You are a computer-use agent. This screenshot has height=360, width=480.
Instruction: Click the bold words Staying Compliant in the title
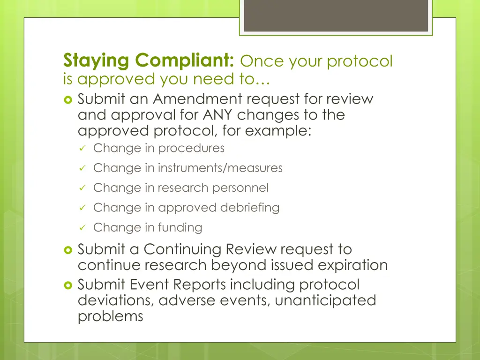[x=149, y=61]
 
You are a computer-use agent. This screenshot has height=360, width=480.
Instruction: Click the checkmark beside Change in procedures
[x=82, y=149]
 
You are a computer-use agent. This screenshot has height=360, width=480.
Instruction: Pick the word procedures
[x=191, y=149]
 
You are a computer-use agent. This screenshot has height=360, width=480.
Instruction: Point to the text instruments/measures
[x=220, y=168]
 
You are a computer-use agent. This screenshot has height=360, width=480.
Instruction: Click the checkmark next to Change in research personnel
[x=82, y=188]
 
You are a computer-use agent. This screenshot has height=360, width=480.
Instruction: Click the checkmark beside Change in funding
[x=82, y=228]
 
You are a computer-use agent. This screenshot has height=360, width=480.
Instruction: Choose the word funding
[x=180, y=228]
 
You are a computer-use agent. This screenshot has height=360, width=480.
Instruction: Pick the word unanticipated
[x=325, y=300]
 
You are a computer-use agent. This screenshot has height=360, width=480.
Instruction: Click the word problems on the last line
[x=110, y=316]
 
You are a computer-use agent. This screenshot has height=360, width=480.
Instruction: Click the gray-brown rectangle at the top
[x=336, y=15]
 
